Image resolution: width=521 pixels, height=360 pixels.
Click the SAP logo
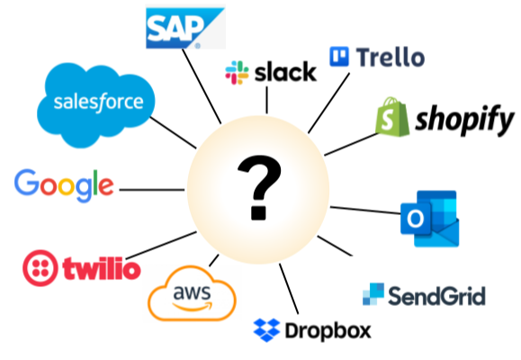click(185, 28)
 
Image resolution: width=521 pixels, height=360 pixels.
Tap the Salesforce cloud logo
click(95, 104)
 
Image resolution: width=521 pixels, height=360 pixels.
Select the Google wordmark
click(64, 185)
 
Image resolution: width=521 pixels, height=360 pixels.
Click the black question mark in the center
click(259, 188)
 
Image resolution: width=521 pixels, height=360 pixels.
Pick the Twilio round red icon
click(40, 268)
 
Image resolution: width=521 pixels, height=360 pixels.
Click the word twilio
click(102, 268)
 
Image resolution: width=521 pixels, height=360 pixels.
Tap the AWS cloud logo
click(192, 292)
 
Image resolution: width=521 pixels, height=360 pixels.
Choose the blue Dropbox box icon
click(266, 329)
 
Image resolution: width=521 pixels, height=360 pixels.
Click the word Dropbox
click(328, 330)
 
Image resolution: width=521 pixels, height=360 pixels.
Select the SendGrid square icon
click(373, 294)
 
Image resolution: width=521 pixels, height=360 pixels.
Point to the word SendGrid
click(436, 296)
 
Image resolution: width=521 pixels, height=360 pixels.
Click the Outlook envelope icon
click(430, 219)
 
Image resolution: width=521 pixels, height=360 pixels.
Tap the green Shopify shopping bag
click(392, 117)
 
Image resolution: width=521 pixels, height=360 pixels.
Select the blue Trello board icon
click(339, 57)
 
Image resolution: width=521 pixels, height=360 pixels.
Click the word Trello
click(391, 58)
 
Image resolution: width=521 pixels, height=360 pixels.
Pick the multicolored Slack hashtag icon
click(237, 73)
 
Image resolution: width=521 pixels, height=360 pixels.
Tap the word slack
click(285, 72)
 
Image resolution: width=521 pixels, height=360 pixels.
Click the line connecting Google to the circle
click(152, 190)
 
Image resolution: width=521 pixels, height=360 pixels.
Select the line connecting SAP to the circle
click(202, 86)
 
